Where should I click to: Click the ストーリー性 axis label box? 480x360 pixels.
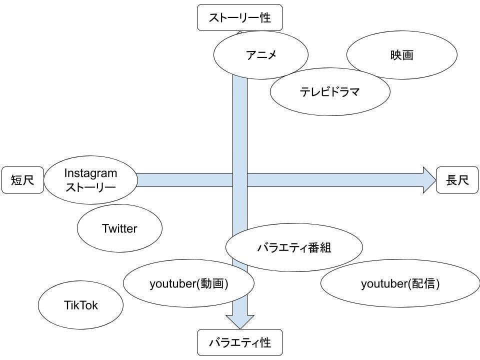240,18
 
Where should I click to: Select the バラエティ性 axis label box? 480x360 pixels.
240,342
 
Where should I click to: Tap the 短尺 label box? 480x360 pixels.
22,180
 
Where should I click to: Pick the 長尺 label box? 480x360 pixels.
457,180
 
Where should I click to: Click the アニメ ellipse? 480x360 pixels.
260,55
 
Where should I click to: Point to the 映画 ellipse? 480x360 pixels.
401,55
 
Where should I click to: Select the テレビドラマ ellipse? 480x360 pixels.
330,92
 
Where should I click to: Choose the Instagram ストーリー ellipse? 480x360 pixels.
90,180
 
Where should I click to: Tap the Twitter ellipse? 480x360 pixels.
119,228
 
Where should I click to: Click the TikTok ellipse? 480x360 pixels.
80,305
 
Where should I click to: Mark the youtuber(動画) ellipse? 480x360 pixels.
188,283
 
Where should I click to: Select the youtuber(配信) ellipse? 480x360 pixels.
400,283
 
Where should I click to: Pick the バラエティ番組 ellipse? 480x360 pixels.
294,247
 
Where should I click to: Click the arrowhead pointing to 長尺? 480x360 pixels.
429,180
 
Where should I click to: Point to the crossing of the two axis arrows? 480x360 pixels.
240,180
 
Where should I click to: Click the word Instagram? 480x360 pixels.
90,173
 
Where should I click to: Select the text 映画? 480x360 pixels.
401,55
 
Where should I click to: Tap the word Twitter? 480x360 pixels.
119,228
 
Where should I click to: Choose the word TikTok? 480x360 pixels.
80,305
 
